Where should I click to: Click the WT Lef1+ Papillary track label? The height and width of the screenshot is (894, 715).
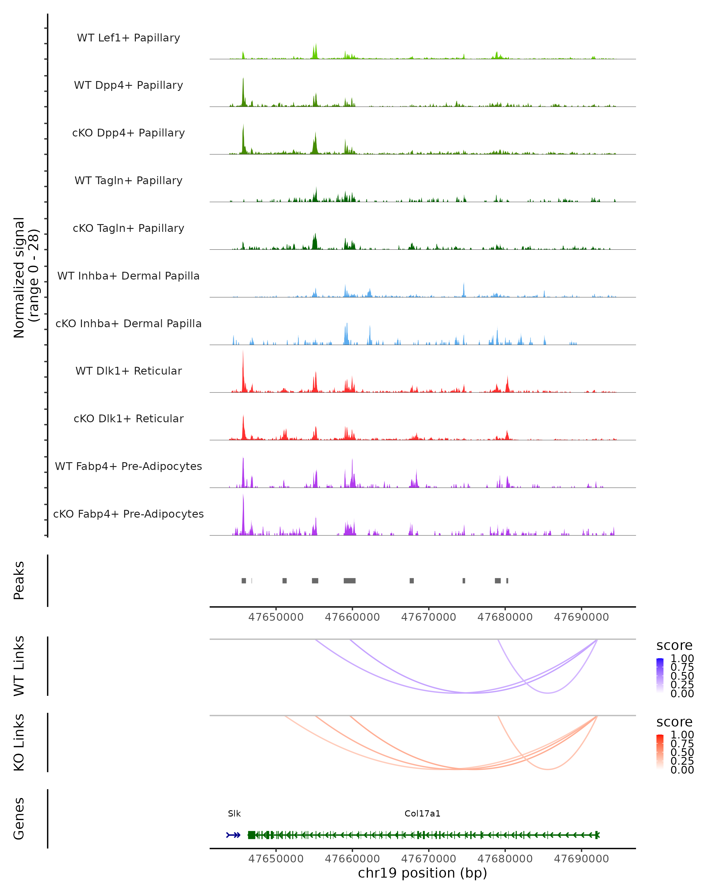click(128, 38)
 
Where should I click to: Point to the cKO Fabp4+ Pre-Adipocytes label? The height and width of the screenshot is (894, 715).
click(128, 514)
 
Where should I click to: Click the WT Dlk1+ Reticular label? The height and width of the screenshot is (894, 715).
click(128, 371)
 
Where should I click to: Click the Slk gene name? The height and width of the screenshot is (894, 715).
click(234, 814)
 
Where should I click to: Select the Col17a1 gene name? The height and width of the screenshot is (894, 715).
click(422, 814)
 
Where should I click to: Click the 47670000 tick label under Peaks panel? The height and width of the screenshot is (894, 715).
click(429, 617)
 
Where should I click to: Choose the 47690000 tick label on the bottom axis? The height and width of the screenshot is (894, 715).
click(581, 859)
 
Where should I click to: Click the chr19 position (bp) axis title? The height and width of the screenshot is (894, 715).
click(422, 873)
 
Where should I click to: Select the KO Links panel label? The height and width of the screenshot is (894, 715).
click(19, 742)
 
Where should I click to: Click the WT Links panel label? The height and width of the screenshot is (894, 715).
click(19, 666)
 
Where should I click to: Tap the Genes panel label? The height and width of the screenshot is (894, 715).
click(19, 819)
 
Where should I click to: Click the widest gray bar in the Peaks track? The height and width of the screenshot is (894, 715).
click(349, 581)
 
